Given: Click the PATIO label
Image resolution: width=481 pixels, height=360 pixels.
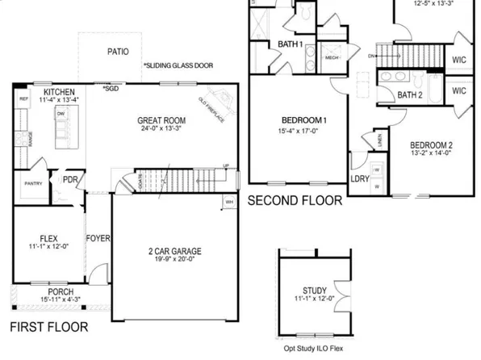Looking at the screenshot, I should click(118, 51).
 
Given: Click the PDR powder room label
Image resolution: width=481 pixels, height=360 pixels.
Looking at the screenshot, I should click(71, 180).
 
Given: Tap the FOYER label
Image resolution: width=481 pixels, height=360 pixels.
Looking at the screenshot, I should click(98, 239).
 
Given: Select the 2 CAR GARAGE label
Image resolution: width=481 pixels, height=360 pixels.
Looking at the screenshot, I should click(174, 251).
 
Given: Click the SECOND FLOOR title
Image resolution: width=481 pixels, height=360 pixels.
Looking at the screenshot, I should click(295, 199).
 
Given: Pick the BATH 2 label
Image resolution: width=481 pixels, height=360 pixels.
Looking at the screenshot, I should click(410, 95).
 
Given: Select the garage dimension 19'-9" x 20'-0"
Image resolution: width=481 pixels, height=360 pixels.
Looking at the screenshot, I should click(174, 262).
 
